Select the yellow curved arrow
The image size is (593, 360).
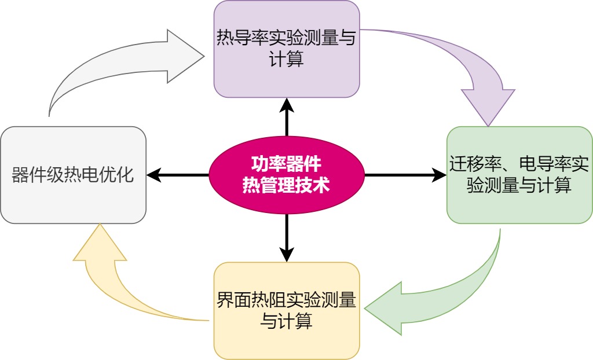click(x=116, y=278)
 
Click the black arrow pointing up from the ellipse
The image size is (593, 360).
click(x=287, y=116)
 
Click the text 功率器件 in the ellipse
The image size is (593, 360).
click(x=286, y=163)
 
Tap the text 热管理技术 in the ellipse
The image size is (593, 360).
click(x=286, y=185)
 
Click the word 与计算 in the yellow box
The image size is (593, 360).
click(x=286, y=321)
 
